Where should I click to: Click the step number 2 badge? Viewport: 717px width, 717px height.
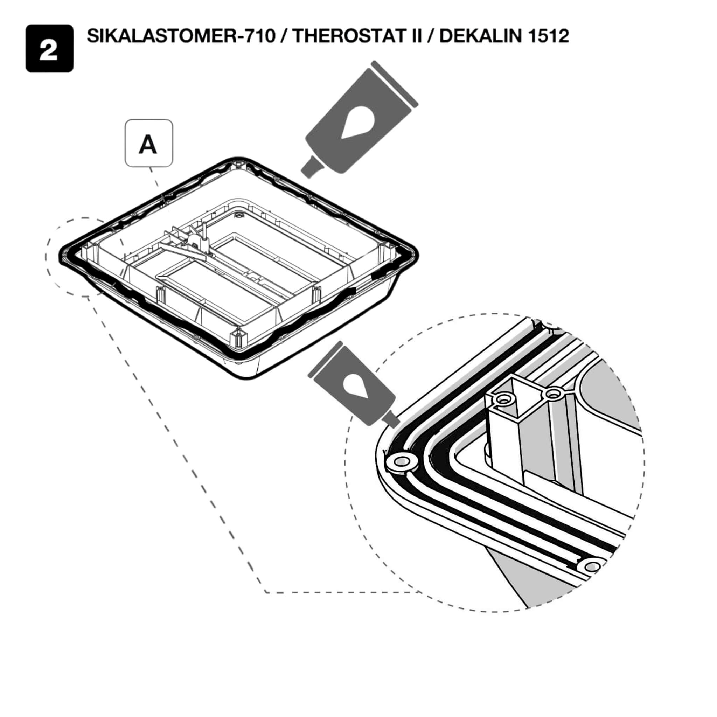49,49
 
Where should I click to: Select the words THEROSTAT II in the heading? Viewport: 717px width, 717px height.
357,36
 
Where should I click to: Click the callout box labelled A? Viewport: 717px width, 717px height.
149,143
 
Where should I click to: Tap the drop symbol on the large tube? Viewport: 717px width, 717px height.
358,123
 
